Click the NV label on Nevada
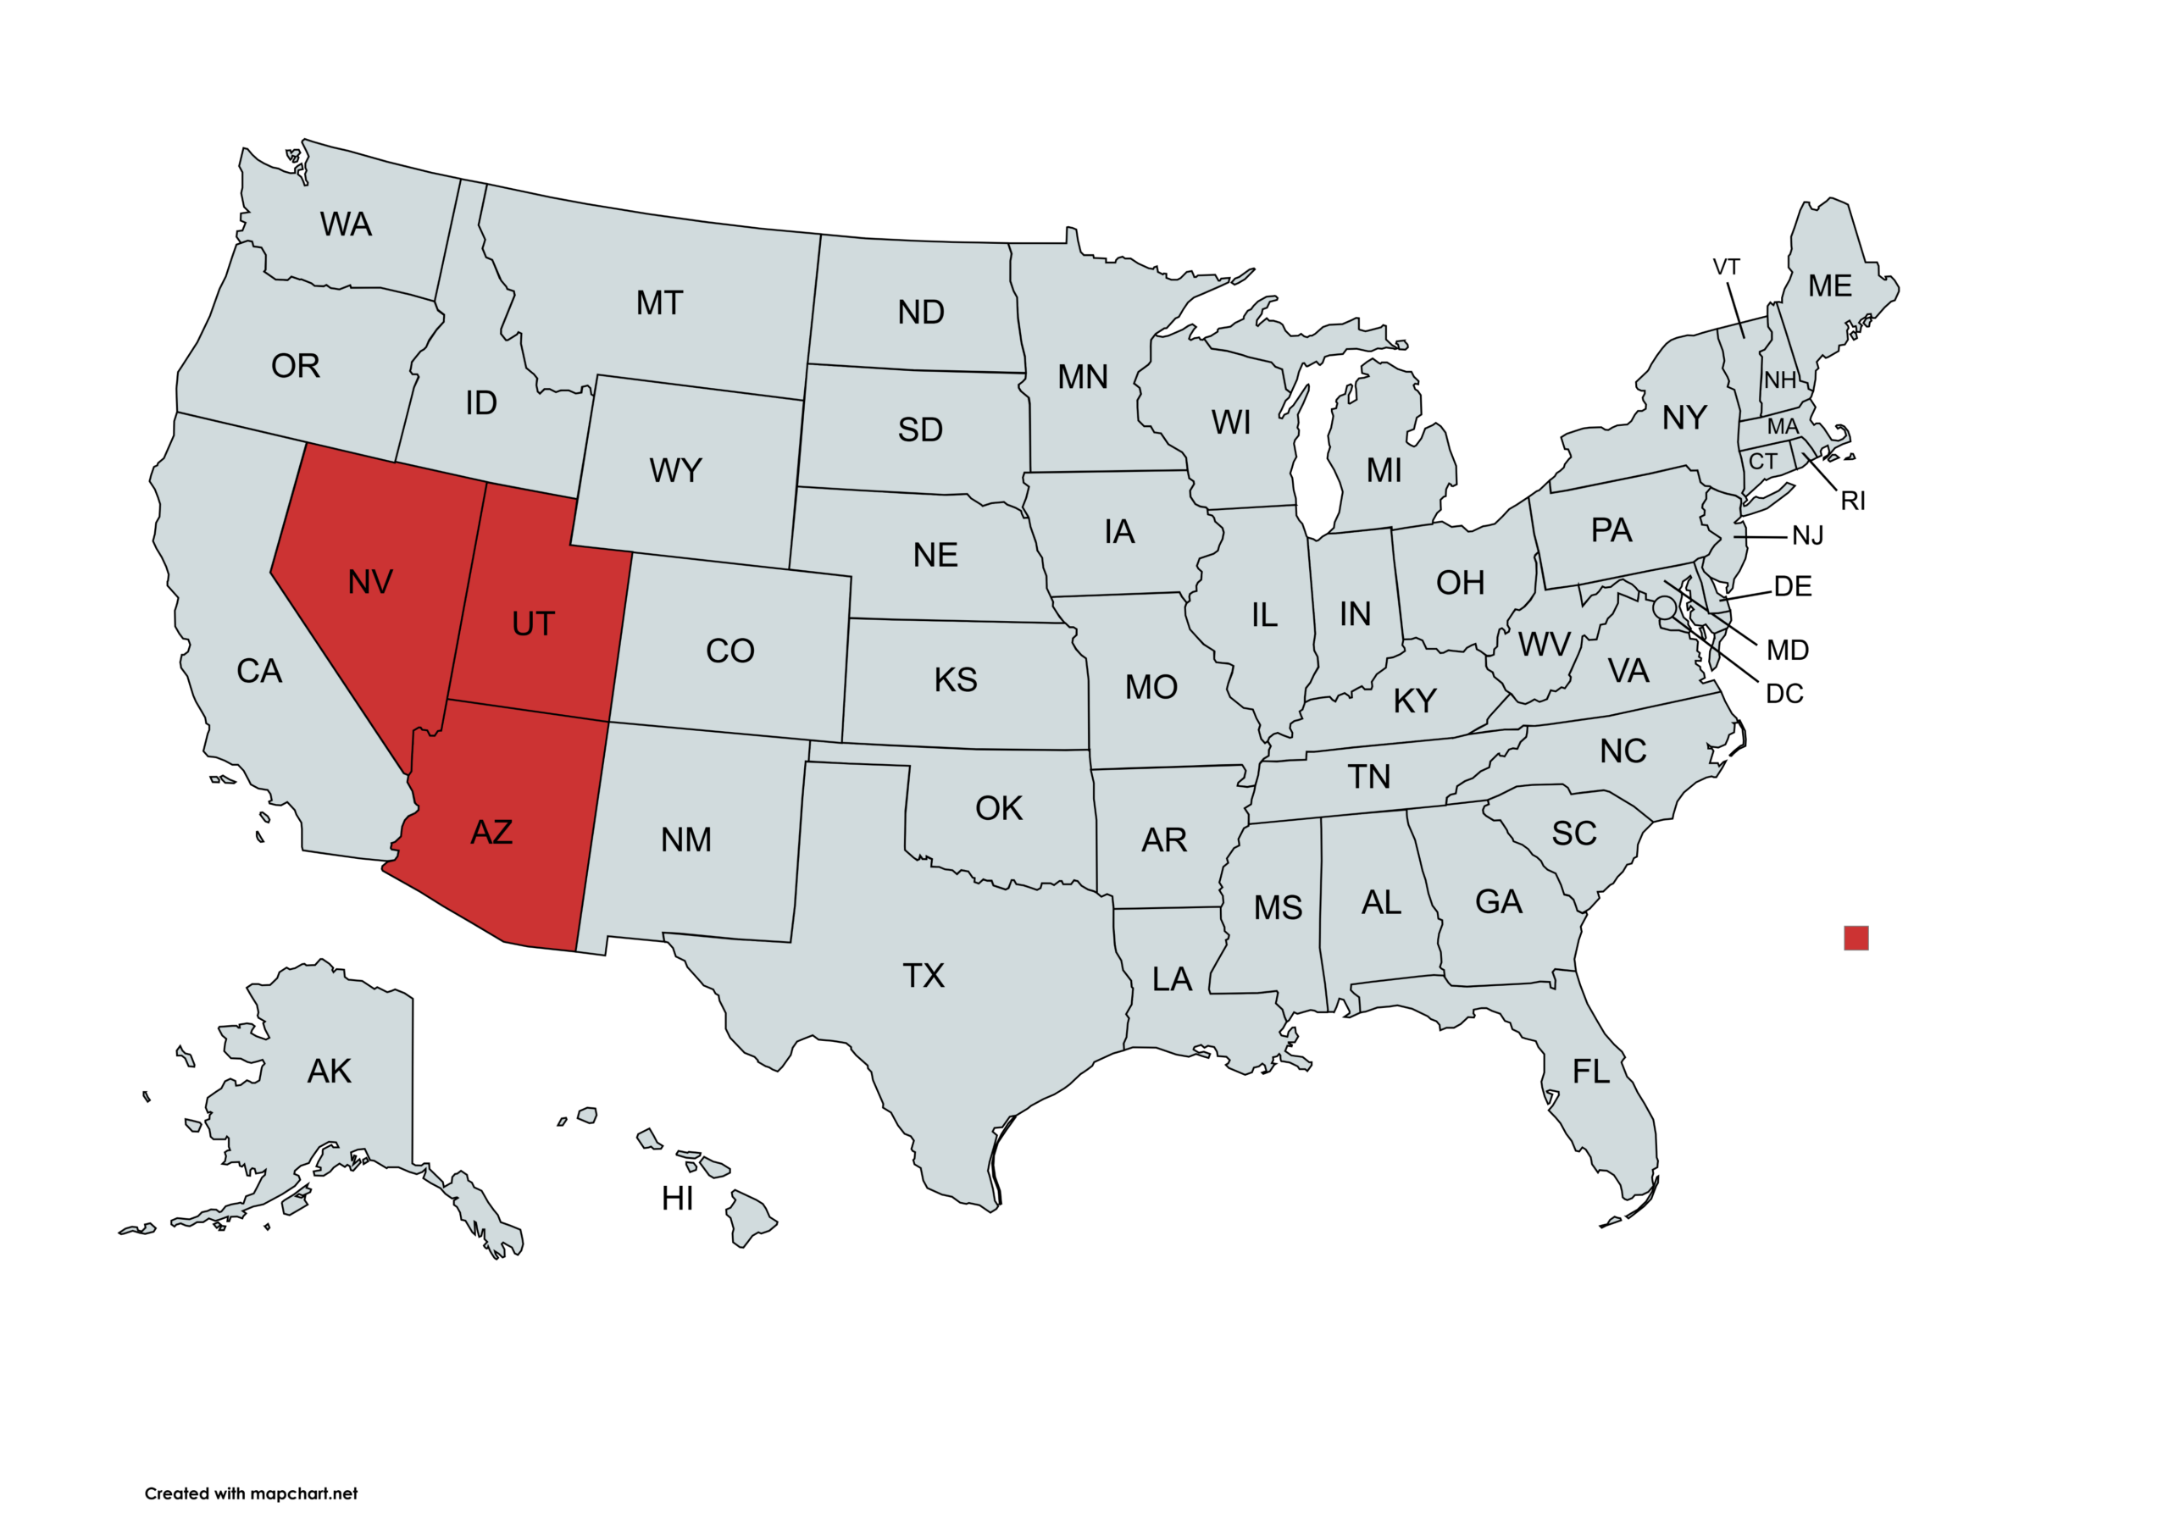pos(370,582)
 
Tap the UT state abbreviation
pos(533,624)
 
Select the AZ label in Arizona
pos(491,832)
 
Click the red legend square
pos(1856,938)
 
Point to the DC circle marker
pos(1665,607)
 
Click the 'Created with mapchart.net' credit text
pos(252,1493)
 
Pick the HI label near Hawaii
pos(677,1199)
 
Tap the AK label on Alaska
pos(329,1072)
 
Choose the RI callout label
pos(1852,501)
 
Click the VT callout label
pos(1726,268)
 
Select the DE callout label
pos(1792,586)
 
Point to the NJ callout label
pos(1807,536)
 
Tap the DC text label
pos(1783,695)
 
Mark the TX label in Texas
pos(923,976)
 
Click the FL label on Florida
pos(1591,1072)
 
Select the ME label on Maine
pos(1830,286)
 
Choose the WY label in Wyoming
pos(675,470)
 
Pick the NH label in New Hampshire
pos(1780,380)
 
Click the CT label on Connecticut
pos(1763,462)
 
